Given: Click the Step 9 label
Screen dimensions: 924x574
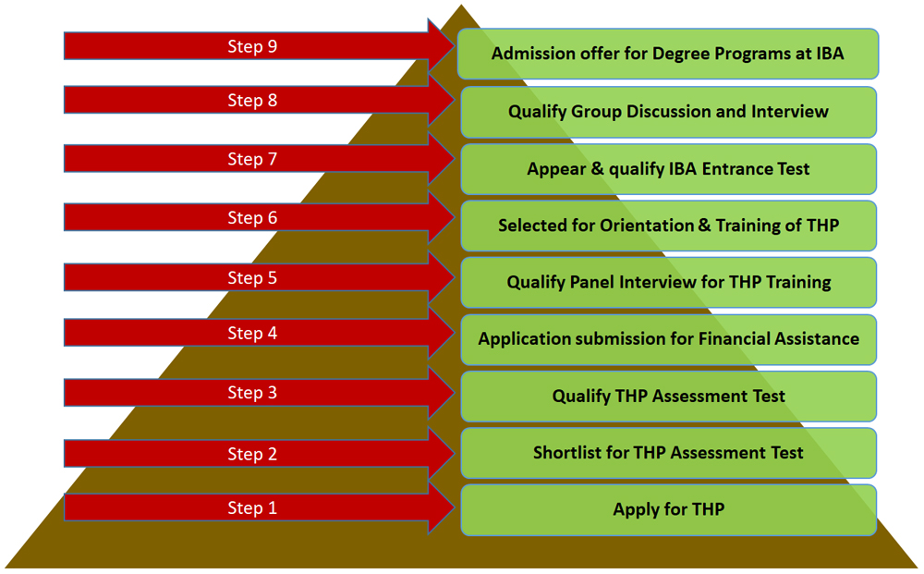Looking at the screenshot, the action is click(252, 46).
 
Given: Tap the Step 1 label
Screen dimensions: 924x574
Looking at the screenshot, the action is click(252, 508).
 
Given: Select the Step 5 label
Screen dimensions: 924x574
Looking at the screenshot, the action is click(252, 277).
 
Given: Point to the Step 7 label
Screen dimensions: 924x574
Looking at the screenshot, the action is click(252, 159).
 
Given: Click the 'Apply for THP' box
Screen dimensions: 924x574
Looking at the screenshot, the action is click(668, 510).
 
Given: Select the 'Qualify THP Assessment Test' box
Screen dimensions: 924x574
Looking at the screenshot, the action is click(668, 396).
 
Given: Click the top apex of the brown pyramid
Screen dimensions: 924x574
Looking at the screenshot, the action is click(461, 6).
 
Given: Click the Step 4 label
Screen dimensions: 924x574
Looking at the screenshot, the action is click(252, 333).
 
